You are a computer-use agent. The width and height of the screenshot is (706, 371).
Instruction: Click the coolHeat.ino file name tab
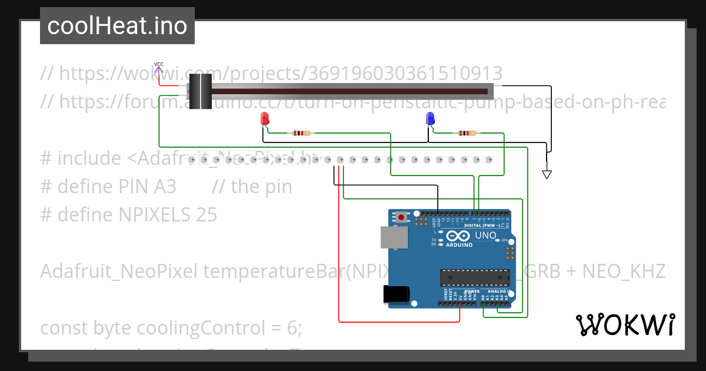tap(117, 26)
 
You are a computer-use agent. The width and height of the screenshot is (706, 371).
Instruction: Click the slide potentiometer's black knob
tap(199, 91)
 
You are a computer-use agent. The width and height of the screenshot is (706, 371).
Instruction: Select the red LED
tap(264, 119)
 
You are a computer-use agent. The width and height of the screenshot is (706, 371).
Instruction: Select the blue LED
tap(430, 119)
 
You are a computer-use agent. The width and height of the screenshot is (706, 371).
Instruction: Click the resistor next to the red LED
tap(301, 133)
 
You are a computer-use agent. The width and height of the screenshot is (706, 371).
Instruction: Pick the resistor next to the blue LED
tap(467, 133)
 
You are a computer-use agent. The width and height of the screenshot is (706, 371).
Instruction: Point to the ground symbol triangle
tap(547, 174)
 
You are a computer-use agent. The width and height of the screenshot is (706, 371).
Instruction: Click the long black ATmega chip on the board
tap(475, 277)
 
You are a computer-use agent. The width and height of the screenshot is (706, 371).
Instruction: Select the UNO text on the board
tap(485, 236)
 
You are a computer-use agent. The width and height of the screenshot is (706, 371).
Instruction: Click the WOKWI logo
tap(625, 324)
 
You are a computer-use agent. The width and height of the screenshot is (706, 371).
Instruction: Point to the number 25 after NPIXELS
tap(206, 214)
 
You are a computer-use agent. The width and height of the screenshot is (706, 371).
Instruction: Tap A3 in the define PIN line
tap(165, 186)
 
